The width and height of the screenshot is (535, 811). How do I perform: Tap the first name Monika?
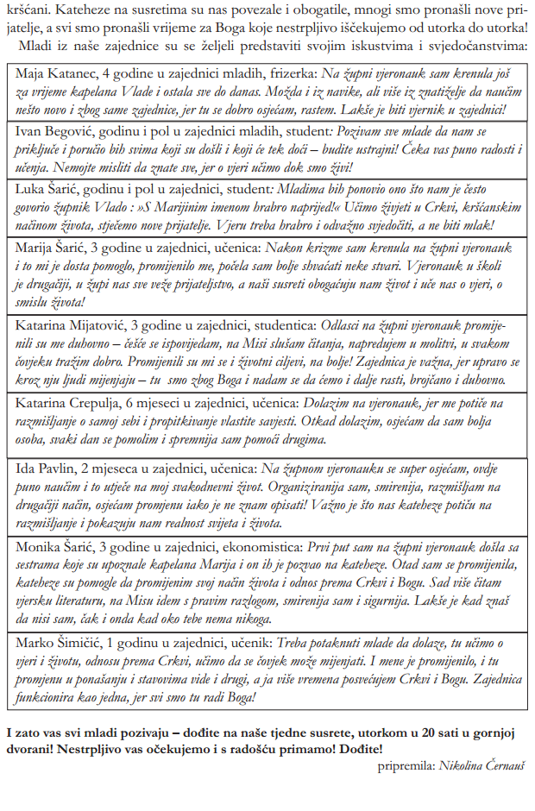[37, 546]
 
